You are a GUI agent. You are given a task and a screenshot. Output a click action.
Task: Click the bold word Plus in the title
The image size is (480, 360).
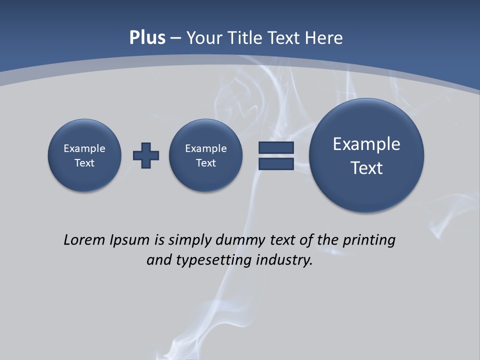point(147,38)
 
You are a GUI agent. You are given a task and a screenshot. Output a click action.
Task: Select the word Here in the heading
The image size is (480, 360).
point(325,38)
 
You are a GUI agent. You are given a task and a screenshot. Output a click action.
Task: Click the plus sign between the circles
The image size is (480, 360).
point(146,155)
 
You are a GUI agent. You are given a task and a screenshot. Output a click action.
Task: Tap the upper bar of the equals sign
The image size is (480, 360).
point(275,147)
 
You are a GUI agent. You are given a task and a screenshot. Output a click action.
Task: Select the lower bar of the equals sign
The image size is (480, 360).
point(275,163)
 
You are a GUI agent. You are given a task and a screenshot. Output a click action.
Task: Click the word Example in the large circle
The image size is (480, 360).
point(366,144)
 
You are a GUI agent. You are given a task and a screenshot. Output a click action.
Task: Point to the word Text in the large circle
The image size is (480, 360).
point(366,168)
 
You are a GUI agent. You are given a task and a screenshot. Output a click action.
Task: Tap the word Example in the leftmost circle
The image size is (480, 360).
point(84,148)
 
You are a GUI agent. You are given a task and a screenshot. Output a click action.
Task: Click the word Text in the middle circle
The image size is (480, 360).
point(205,163)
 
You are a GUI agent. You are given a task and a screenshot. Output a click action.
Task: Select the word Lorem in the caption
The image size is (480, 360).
point(84,240)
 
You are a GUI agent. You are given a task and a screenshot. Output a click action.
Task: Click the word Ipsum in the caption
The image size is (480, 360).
point(130,240)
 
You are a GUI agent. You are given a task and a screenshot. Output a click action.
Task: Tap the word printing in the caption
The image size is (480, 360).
point(369,240)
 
